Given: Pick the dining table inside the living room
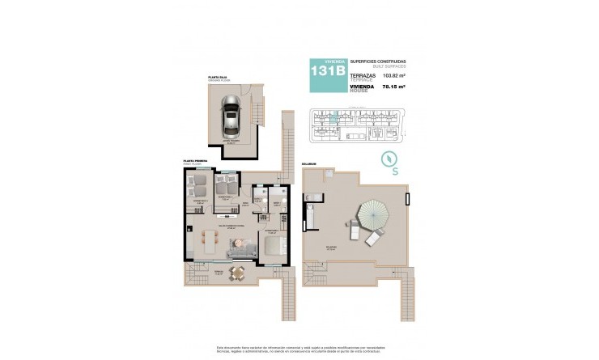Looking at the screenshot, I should [x=211, y=242].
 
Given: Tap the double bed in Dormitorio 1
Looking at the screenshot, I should [x=274, y=244].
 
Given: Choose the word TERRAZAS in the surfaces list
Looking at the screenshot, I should [x=363, y=74].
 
